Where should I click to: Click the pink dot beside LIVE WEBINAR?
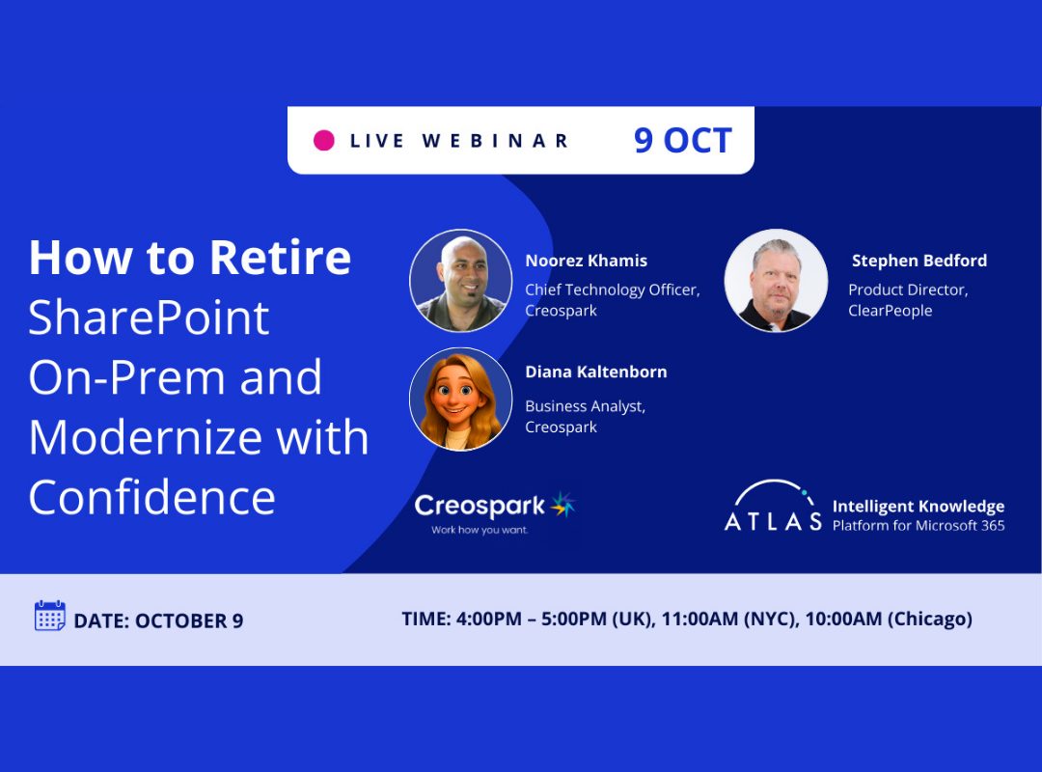point(323,140)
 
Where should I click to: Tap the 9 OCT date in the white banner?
point(682,140)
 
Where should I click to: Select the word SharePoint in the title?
point(149,317)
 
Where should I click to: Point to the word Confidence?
point(152,497)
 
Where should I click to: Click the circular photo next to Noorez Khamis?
point(460,281)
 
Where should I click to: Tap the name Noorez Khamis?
point(587,261)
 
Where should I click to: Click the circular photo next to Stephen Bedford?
point(776,281)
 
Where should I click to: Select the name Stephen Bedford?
point(919,261)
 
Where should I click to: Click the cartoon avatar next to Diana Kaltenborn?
point(460,399)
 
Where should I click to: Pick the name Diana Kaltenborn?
point(596,372)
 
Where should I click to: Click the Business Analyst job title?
point(585,406)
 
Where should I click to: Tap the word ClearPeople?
point(890,311)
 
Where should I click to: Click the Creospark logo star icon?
point(562,505)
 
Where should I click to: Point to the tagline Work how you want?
point(480,530)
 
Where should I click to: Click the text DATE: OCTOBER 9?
point(158,621)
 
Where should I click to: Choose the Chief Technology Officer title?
point(612,289)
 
